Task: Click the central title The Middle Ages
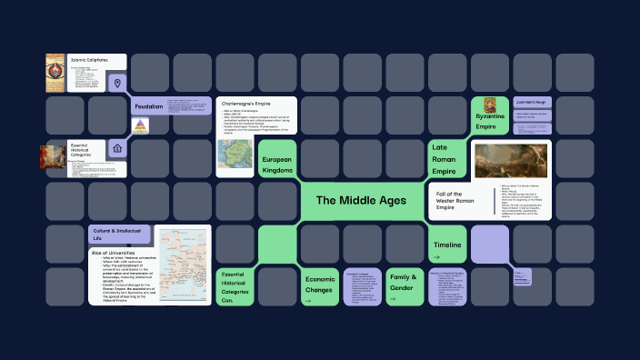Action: point(362,200)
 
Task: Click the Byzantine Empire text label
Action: point(490,122)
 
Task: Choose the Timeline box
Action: point(447,245)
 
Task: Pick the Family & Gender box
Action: point(403,282)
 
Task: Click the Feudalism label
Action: point(149,106)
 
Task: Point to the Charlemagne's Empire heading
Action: point(243,105)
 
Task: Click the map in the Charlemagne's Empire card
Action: point(235,157)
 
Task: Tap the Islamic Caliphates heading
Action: point(90,60)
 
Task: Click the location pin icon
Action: point(116,84)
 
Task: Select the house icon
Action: point(116,147)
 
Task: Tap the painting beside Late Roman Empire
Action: point(513,159)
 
